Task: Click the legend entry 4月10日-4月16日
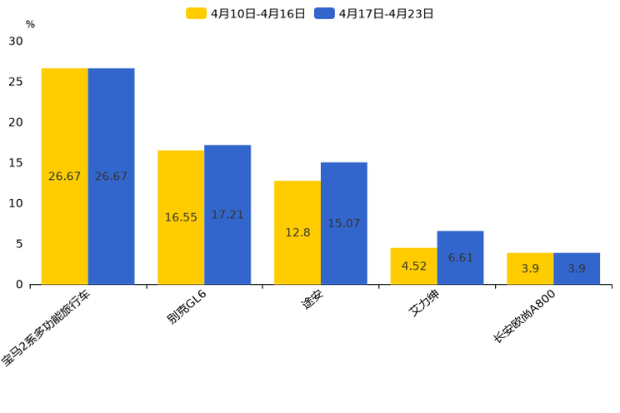click(x=247, y=13)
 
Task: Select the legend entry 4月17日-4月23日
click(x=375, y=13)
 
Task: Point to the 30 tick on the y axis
click(x=17, y=41)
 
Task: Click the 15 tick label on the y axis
click(x=17, y=162)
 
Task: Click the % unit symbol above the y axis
click(x=30, y=24)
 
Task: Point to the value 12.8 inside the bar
click(x=297, y=232)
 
